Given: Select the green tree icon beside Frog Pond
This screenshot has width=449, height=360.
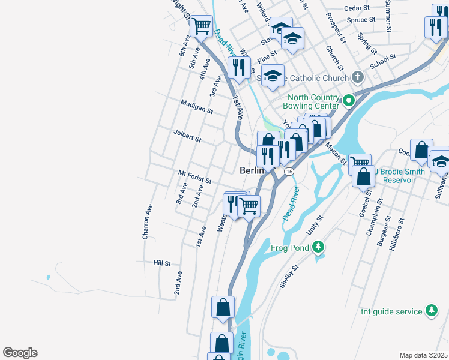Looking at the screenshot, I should click(318, 247).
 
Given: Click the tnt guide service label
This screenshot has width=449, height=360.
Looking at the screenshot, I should click(392, 311).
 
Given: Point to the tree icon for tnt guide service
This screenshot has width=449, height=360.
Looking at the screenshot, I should click(430, 310).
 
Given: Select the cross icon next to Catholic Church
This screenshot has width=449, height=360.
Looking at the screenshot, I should click(357, 77).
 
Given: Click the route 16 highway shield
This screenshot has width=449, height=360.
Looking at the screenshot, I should click(289, 172).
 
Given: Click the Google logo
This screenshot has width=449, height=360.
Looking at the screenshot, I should click(20, 353).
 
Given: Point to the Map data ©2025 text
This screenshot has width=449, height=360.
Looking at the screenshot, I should click(423, 355).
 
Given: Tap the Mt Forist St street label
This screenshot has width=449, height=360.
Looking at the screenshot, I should click(195, 176).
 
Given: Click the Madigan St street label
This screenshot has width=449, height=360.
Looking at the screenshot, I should click(197, 106).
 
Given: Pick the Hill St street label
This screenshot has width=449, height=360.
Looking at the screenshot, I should click(162, 263).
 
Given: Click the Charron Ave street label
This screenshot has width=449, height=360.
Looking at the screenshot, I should click(146, 222).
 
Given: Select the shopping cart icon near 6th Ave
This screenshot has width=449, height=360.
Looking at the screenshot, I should click(202, 26).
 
